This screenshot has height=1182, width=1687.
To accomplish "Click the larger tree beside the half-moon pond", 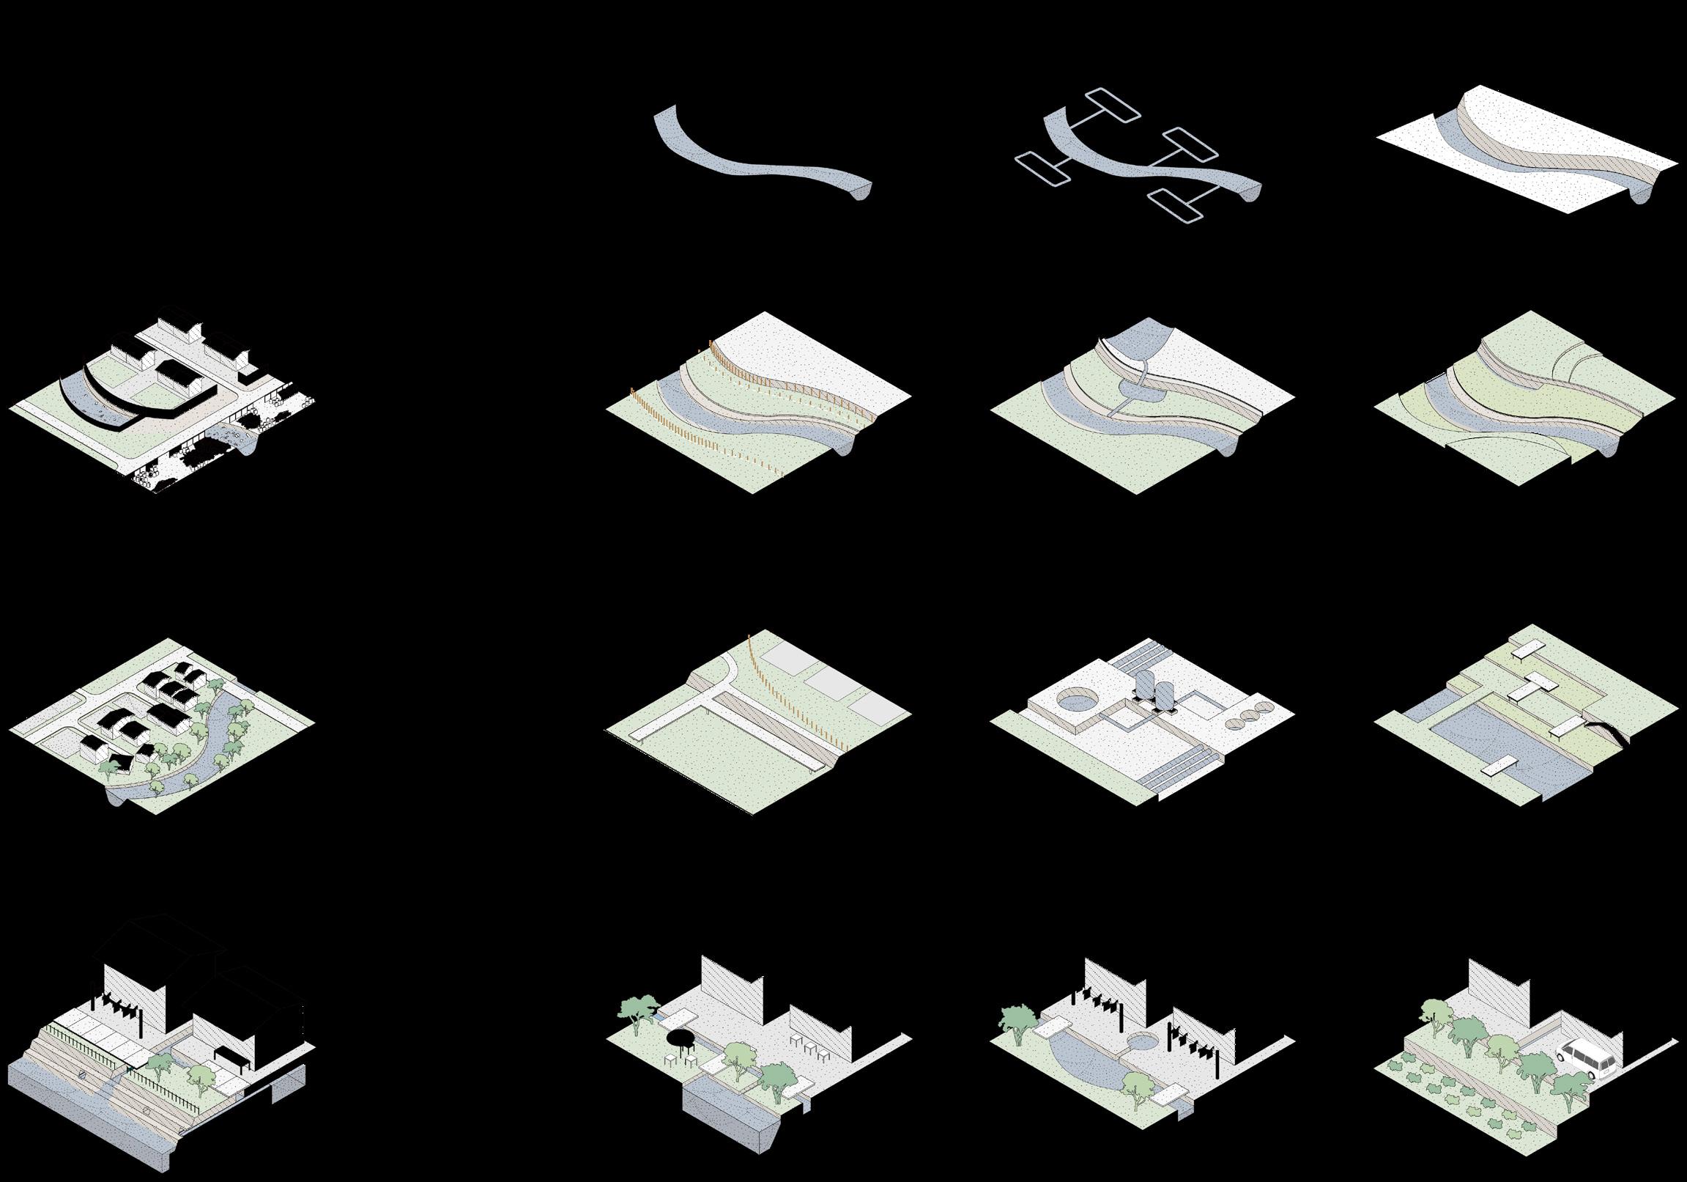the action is pyautogui.click(x=1017, y=1018).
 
